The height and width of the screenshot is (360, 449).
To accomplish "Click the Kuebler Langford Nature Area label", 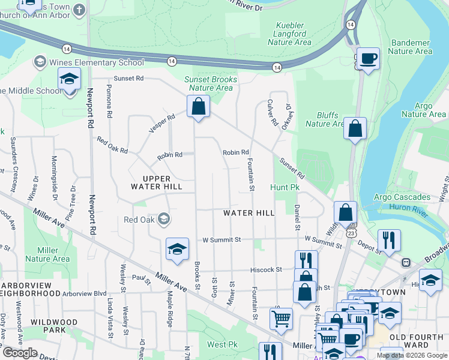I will pyautogui.click(x=290, y=34).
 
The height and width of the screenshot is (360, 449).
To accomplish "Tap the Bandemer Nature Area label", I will pyautogui.click(x=411, y=47).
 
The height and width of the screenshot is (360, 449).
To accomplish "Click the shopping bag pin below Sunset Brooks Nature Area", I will pyautogui.click(x=198, y=107).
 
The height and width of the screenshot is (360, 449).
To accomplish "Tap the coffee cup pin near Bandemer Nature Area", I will pyautogui.click(x=369, y=59).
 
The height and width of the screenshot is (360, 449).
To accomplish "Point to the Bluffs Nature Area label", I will pyautogui.click(x=325, y=119).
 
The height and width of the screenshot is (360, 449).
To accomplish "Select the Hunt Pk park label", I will pyautogui.click(x=284, y=188).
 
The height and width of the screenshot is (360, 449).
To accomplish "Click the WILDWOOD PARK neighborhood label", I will pyautogui.click(x=54, y=326).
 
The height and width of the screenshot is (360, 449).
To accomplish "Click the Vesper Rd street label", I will pyautogui.click(x=162, y=122).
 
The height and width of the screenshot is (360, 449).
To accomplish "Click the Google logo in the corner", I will pyautogui.click(x=20, y=353).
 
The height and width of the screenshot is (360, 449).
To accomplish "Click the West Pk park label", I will pyautogui.click(x=217, y=344).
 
